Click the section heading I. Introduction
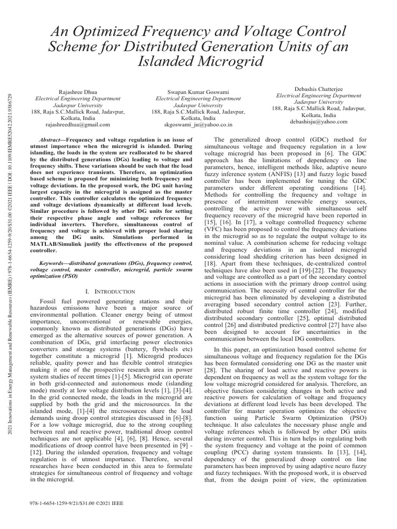[x=113, y=292]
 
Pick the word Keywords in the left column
[x=56, y=263]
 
